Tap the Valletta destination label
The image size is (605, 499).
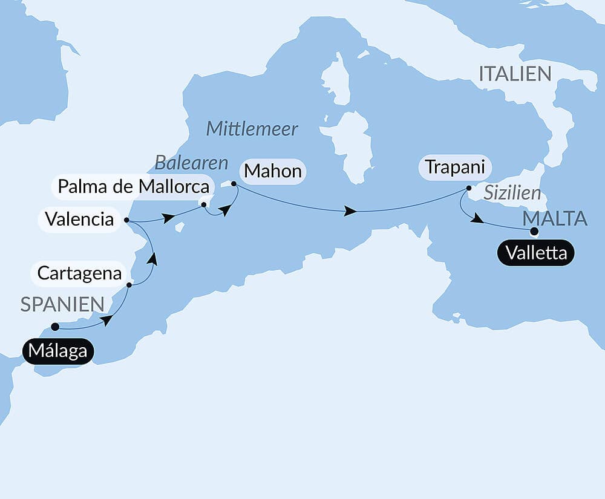tap(536, 253)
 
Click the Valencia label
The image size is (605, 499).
tap(79, 219)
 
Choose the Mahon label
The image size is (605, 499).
tap(272, 171)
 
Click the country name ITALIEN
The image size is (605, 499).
tap(515, 74)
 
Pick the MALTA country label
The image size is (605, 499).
tap(555, 218)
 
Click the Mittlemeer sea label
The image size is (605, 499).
tap(252, 129)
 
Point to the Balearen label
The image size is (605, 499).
tap(191, 162)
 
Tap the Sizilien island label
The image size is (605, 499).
tap(512, 193)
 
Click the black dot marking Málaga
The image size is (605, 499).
tap(55, 327)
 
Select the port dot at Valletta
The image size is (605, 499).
tap(534, 231)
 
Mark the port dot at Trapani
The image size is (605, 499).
tap(468, 188)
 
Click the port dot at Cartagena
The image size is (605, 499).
tap(129, 284)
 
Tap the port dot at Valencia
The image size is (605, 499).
tap(126, 220)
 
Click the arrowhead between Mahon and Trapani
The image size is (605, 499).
tap(350, 211)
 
